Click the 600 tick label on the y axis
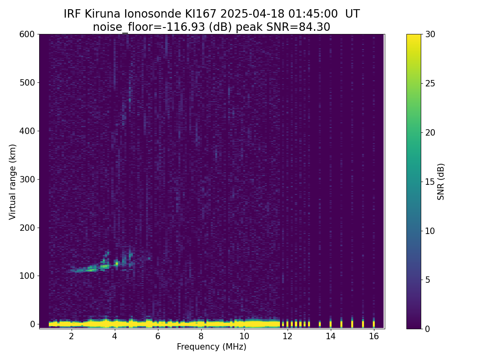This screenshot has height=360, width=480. pos(27,34)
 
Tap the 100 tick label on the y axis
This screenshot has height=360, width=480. pos(27,276)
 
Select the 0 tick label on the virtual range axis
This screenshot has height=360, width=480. pos(32,324)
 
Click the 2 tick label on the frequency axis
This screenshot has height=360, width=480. pos(71,336)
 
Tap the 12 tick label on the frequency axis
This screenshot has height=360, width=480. pos(287,336)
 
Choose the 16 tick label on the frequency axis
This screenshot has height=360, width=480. pos(374,336)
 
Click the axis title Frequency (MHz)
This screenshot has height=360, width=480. pos(212,347)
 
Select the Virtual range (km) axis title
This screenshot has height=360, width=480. pos(12,182)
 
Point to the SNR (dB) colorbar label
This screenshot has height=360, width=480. pos(440,182)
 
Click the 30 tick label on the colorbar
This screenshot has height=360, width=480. pos(430,34)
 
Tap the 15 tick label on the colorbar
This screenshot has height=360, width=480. pos(430,182)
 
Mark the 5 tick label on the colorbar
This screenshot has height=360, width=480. pos(428,280)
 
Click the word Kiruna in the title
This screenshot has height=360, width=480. pos(102,14)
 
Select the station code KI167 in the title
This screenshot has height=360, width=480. pos(200,14)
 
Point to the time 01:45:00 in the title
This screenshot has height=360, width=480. pos(313,14)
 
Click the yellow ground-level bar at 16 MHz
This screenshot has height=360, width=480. pos(374,324)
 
